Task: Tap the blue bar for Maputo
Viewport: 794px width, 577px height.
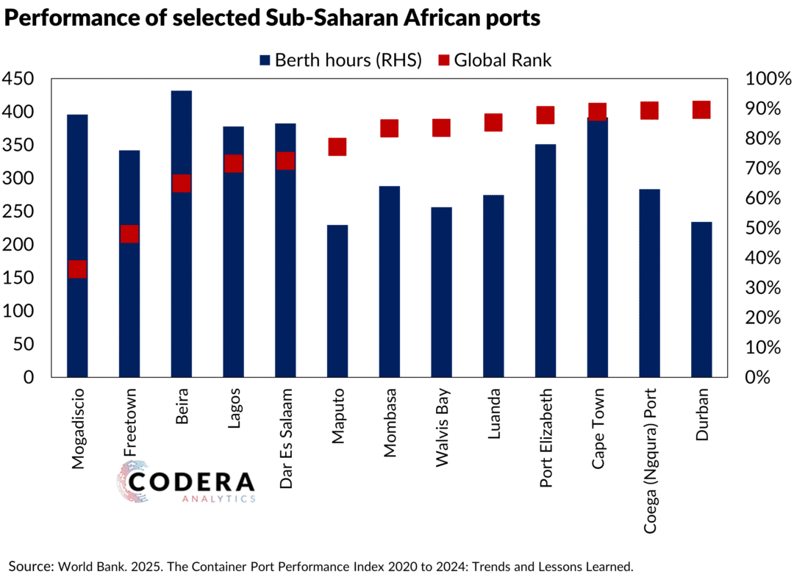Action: pos(337,301)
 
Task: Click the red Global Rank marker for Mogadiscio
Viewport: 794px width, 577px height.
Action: pos(77,270)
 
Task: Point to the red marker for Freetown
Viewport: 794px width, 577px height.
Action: pos(129,234)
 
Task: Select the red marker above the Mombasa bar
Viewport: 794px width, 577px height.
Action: pos(389,129)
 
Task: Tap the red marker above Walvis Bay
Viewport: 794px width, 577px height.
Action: pos(441,129)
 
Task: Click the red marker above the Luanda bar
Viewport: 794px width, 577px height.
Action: pos(493,123)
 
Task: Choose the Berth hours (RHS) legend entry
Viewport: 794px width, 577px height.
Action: pos(339,60)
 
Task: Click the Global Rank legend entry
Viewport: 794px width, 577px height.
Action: pos(494,60)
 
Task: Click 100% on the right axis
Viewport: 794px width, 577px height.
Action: pos(767,79)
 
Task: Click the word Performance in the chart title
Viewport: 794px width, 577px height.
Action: pos(69,18)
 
